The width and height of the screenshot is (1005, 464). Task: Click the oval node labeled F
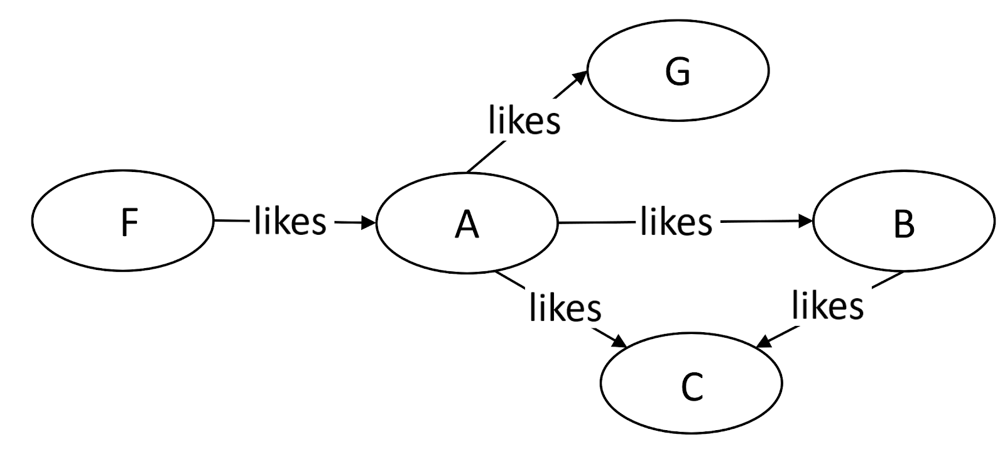click(x=122, y=221)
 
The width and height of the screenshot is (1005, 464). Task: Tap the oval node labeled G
click(x=678, y=69)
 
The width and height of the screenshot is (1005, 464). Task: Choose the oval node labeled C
click(x=692, y=383)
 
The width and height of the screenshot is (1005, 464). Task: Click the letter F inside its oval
click(x=129, y=223)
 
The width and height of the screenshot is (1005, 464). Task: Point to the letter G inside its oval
click(x=678, y=71)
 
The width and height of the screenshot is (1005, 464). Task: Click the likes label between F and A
click(x=290, y=221)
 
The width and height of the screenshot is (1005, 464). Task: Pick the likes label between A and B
click(x=676, y=222)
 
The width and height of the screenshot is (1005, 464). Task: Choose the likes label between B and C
click(x=827, y=306)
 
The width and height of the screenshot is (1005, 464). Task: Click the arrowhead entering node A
click(x=369, y=222)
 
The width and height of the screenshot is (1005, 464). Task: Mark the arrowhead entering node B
click(x=806, y=221)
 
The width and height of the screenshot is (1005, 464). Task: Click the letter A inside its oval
click(x=467, y=224)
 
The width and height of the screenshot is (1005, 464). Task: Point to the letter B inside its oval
click(x=904, y=224)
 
